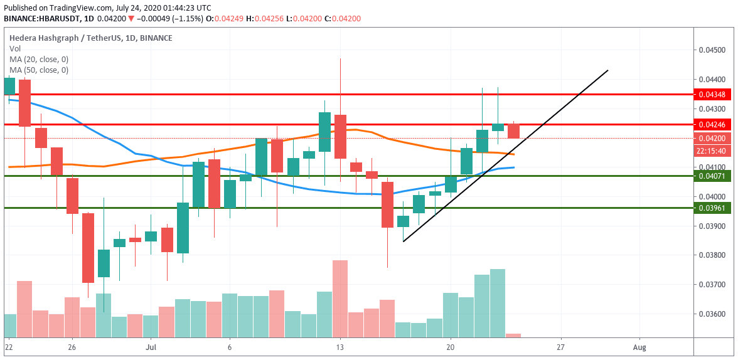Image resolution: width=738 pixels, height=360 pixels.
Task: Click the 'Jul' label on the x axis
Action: [151, 346]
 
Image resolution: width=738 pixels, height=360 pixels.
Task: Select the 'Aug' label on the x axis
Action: [639, 346]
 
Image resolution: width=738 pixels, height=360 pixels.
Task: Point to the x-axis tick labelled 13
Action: [340, 346]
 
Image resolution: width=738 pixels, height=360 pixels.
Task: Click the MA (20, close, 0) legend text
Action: [39, 59]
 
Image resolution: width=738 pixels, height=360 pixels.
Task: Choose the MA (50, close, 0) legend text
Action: [39, 70]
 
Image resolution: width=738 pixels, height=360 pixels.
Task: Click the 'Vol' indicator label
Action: [14, 48]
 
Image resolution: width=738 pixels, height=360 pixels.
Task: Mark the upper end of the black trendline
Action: [607, 70]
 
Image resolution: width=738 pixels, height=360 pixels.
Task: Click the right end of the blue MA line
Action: [514, 167]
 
